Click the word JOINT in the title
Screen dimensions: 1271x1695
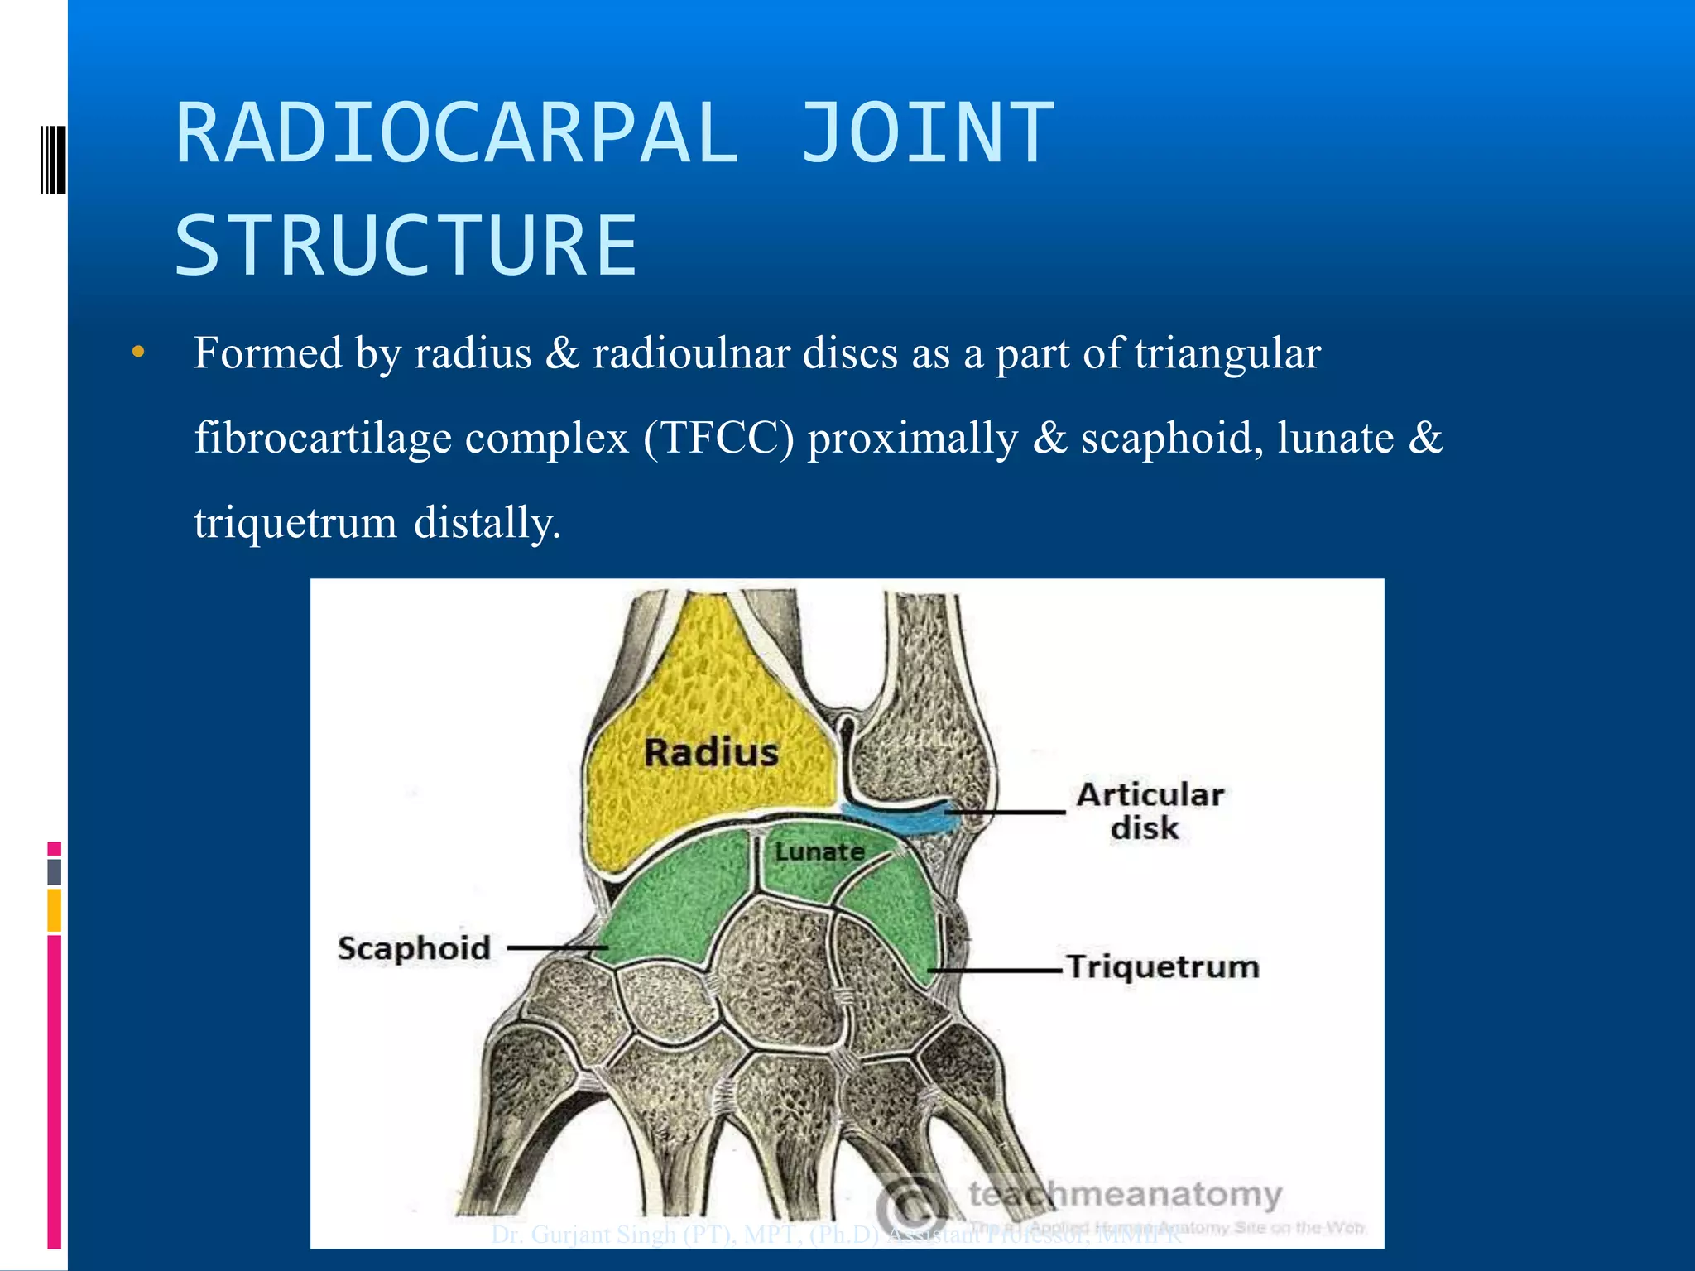(x=927, y=134)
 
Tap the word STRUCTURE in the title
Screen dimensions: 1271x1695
(x=406, y=246)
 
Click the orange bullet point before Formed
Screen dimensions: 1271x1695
(x=138, y=353)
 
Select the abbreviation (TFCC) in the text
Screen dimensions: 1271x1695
(x=718, y=439)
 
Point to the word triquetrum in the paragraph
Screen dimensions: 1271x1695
(x=295, y=524)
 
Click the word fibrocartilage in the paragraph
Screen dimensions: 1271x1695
(x=323, y=439)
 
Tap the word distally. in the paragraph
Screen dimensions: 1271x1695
(x=487, y=524)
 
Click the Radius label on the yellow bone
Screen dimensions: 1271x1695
(x=711, y=753)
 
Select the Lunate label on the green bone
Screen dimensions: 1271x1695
(x=819, y=851)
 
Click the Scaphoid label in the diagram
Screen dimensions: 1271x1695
(x=414, y=948)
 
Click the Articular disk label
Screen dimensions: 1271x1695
(x=1149, y=811)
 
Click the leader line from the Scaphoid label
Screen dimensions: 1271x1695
(x=556, y=948)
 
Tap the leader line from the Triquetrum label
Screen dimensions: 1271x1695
(x=993, y=969)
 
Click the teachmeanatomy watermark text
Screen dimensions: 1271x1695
(x=1126, y=1195)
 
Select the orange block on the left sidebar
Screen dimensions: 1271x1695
(x=54, y=910)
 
